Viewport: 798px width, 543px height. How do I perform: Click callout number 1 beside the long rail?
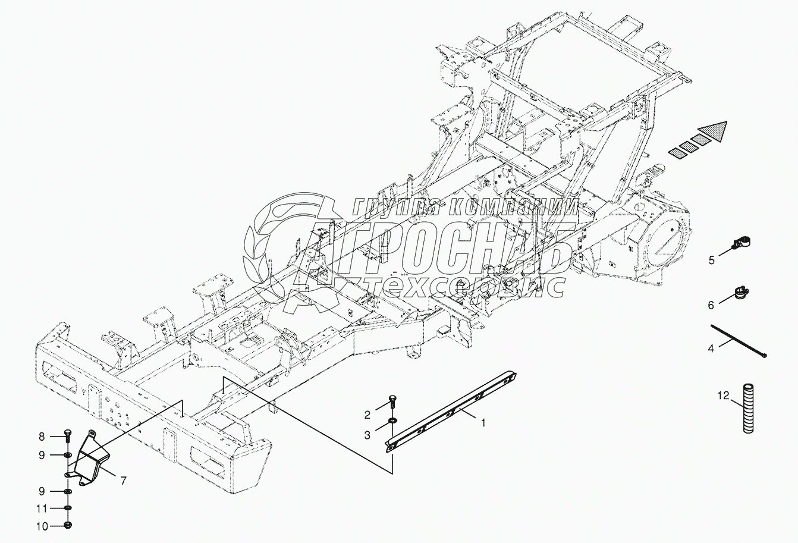[x=483, y=423]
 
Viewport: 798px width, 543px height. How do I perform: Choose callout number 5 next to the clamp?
[x=711, y=259]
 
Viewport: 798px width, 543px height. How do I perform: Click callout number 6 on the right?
[x=711, y=305]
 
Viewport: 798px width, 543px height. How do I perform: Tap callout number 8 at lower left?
[x=42, y=437]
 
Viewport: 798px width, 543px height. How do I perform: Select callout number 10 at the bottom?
[x=42, y=526]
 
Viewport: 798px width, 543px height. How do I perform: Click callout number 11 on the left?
[x=42, y=509]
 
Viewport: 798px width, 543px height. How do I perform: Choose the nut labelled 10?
[x=67, y=526]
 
